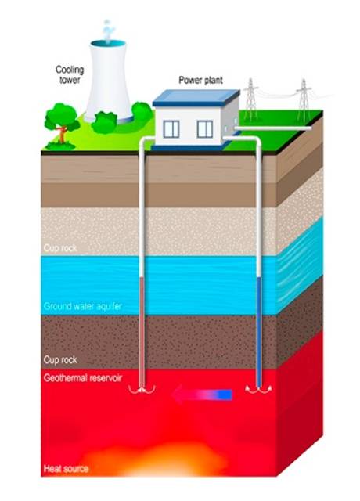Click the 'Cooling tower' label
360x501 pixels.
tap(70, 74)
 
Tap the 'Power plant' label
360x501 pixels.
tap(200, 80)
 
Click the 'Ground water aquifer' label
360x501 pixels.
tap(83, 306)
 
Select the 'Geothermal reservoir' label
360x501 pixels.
tap(83, 378)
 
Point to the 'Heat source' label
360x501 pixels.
tap(66, 469)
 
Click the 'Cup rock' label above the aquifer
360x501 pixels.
tap(60, 248)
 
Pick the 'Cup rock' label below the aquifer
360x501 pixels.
tap(60, 360)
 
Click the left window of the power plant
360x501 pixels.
tap(171, 129)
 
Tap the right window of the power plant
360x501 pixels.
tap(205, 129)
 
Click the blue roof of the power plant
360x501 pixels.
tap(196, 97)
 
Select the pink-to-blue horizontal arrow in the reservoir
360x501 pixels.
tap(202, 395)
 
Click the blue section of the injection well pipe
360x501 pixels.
tap(259, 332)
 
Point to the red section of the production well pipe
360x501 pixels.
tap(142, 332)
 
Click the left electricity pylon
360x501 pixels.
tap(251, 99)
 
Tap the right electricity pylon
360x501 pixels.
tap(304, 100)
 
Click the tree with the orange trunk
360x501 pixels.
tap(61, 125)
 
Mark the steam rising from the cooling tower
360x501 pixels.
tap(108, 31)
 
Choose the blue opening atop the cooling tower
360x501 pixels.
tap(108, 44)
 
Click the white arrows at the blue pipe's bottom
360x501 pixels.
tap(259, 389)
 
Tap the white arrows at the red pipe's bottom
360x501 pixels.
tap(142, 389)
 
